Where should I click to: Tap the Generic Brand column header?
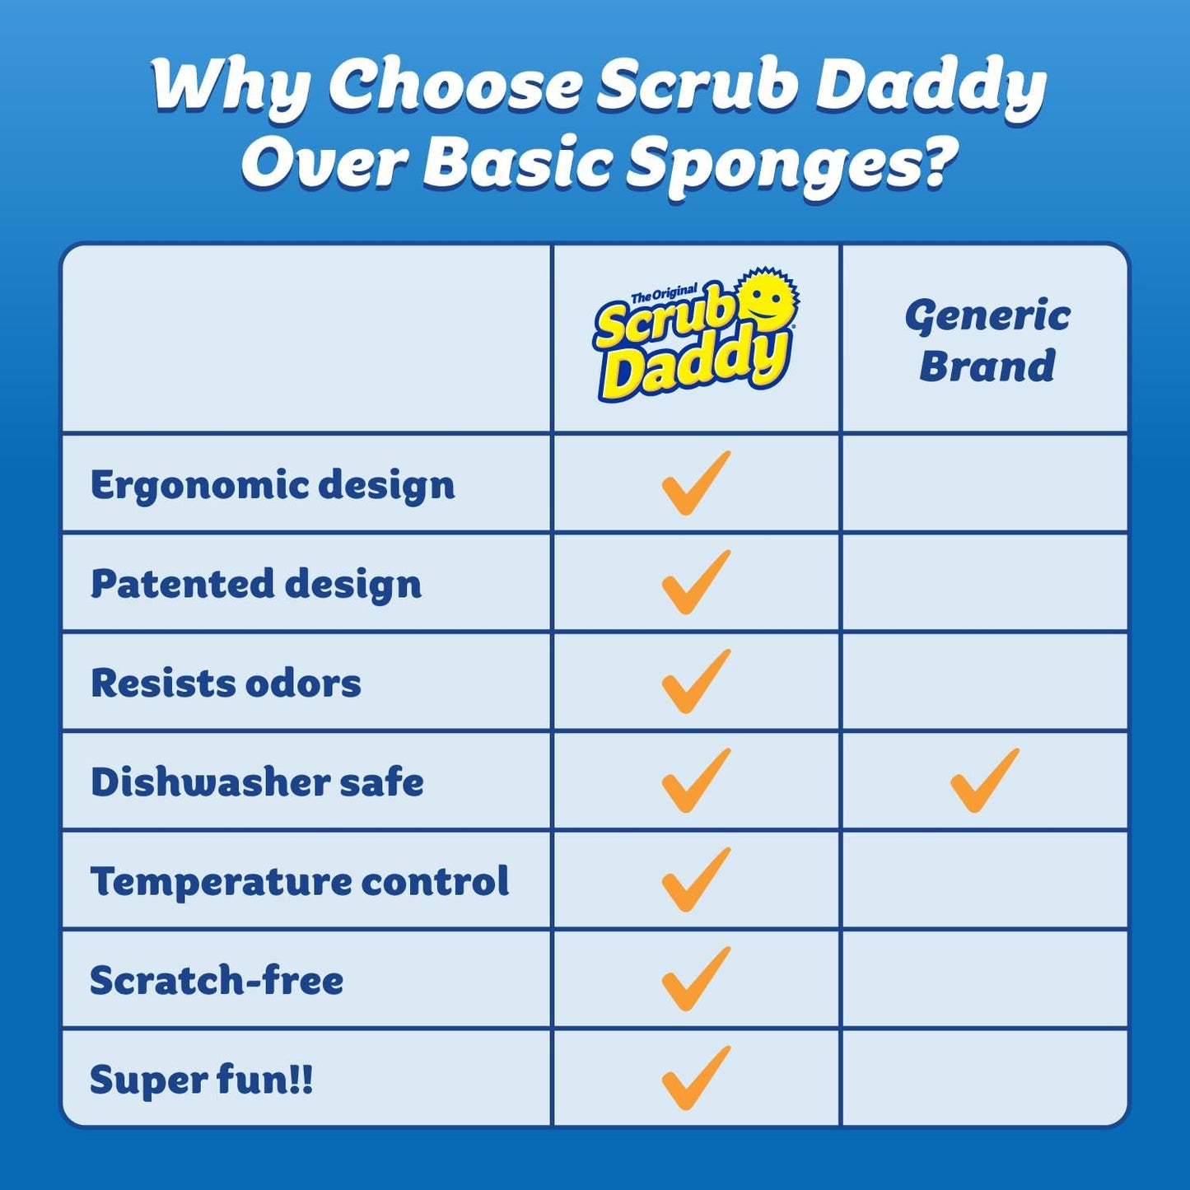987,341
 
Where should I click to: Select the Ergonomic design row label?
273,485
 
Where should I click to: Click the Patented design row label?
256,584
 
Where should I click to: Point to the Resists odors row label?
226,684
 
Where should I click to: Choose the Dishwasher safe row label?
257,782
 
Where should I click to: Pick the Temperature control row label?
300,881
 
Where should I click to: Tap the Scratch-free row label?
217,981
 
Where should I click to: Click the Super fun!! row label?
202,1080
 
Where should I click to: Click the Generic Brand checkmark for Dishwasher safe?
984,781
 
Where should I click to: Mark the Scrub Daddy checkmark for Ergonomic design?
695,483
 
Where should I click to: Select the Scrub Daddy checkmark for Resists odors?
695,682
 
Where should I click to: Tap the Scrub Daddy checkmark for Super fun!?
695,1078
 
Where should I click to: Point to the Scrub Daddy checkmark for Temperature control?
695,880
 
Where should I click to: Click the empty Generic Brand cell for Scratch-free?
985,979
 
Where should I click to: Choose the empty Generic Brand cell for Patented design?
985,583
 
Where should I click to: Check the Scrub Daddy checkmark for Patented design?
695,582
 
